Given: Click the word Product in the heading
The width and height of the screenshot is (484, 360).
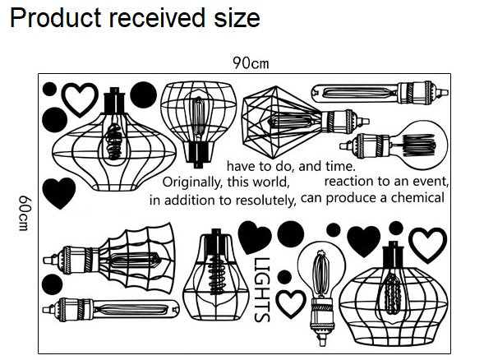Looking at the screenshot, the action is tap(56, 17).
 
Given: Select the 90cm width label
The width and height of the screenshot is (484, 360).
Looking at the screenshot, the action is tap(251, 63).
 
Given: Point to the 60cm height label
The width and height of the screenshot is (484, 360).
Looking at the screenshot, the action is tap(25, 213).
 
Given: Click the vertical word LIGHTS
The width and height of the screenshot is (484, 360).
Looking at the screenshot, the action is tap(262, 289).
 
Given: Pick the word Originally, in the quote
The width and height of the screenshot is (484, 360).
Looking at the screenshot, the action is tap(192, 182).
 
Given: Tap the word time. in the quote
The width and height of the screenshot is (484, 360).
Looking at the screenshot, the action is tap(341, 166).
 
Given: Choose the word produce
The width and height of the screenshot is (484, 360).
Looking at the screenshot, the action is tap(353, 198).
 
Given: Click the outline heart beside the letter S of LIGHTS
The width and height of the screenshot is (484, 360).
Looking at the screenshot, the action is tap(290, 304).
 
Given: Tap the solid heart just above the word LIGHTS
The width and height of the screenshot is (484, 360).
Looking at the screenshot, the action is tap(255, 237).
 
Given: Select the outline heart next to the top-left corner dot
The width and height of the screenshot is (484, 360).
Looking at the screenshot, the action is tap(80, 99).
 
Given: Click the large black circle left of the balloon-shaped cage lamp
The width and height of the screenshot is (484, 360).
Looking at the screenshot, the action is tap(143, 95).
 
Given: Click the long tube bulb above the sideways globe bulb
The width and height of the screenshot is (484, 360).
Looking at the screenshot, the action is tap(380, 93).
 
